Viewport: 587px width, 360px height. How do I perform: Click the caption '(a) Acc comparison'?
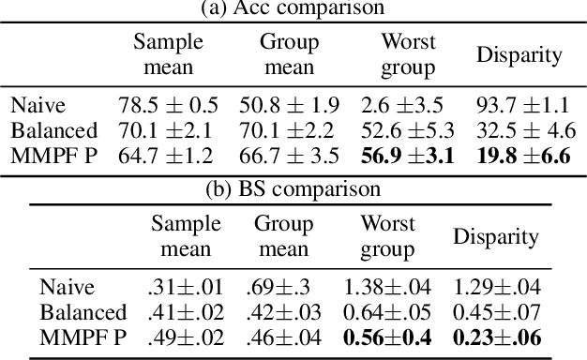(293, 8)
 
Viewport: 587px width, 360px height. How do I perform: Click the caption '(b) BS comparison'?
(293, 188)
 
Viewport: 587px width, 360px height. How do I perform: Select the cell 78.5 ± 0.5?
(167, 105)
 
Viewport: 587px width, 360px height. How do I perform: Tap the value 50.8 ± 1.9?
(290, 105)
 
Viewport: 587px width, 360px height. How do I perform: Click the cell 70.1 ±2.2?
(290, 129)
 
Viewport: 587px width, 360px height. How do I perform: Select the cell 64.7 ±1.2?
(167, 155)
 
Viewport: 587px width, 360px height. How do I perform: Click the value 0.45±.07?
(496, 311)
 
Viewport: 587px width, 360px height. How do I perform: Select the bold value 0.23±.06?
(496, 337)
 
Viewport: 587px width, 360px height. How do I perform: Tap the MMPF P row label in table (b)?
(82, 337)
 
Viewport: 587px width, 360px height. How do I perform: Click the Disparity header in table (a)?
(519, 54)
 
